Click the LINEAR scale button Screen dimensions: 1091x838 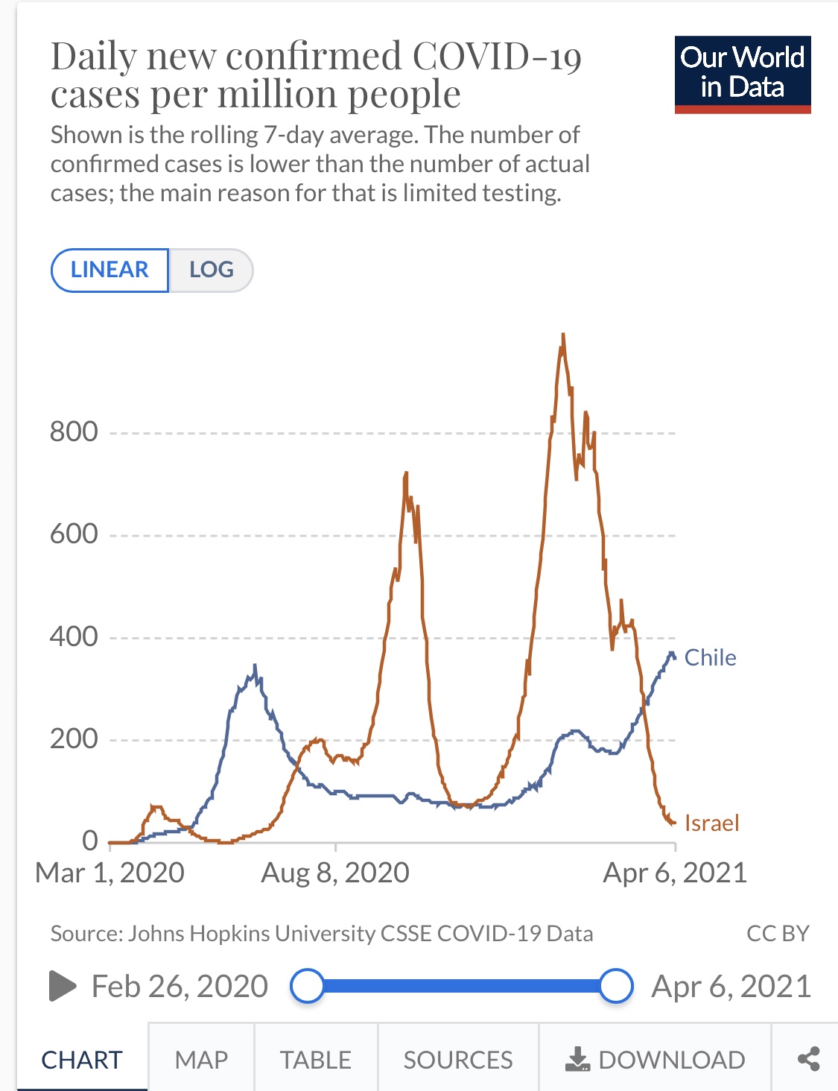(x=109, y=270)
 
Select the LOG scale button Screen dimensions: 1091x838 (x=212, y=270)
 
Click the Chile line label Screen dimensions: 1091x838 (x=710, y=657)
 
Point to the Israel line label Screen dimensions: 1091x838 (x=711, y=823)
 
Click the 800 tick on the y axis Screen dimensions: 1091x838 (x=74, y=431)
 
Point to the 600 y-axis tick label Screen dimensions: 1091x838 (x=74, y=534)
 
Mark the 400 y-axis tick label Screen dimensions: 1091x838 (x=74, y=636)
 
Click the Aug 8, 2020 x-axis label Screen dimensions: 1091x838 (x=335, y=873)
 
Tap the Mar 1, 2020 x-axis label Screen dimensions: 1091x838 (x=109, y=873)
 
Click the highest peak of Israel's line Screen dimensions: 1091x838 (x=563, y=335)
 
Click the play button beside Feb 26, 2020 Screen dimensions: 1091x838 (x=63, y=986)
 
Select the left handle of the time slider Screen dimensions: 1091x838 (x=307, y=986)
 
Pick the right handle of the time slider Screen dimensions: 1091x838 (x=616, y=986)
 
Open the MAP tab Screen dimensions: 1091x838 (x=201, y=1059)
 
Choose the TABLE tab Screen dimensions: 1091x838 (x=316, y=1059)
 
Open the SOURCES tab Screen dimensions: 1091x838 (x=458, y=1059)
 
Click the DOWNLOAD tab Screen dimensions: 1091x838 (x=656, y=1059)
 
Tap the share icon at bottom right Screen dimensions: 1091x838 (x=808, y=1059)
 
